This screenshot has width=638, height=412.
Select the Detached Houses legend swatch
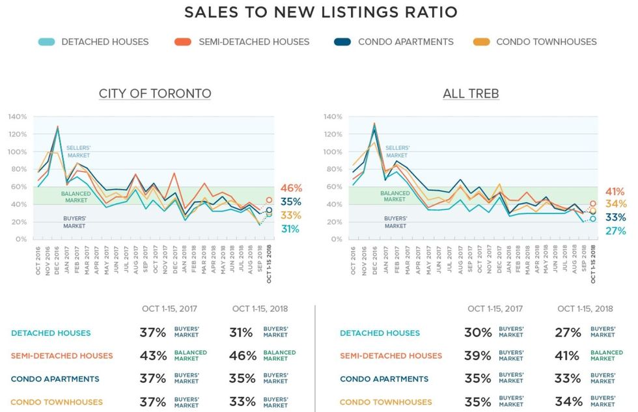(46, 42)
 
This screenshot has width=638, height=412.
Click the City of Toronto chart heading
(155, 94)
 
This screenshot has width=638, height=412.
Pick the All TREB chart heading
(471, 94)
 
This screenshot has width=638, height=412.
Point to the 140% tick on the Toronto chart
(18, 117)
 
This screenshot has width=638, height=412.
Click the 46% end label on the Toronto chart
(292, 188)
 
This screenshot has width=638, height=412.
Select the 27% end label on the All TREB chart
(615, 231)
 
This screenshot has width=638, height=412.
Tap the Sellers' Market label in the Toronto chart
(78, 152)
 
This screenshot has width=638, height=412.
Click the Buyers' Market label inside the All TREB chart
(396, 223)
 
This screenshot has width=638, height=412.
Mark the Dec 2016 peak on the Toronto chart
(57, 127)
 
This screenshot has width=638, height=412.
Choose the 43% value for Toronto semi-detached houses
(152, 356)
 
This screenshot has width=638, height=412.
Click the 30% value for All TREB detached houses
(477, 333)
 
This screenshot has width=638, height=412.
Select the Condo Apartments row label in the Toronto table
(55, 379)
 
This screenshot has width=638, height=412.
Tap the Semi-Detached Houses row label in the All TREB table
(391, 356)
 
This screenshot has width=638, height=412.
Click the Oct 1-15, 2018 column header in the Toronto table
(260, 309)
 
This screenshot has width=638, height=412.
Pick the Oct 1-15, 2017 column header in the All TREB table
(495, 309)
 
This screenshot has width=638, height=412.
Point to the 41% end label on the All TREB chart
(615, 192)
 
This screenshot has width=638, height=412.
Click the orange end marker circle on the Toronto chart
(269, 200)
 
